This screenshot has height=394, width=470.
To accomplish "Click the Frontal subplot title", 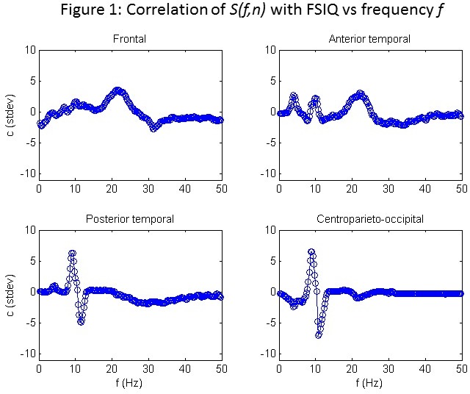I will pyautogui.click(x=129, y=38).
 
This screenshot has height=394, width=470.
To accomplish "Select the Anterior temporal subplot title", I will pyautogui.click(x=369, y=38).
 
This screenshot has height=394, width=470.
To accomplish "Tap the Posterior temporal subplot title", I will pyautogui.click(x=129, y=218).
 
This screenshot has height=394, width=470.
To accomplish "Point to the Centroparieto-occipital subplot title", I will pyautogui.click(x=369, y=218).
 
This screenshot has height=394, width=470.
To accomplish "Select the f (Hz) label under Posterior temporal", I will pyautogui.click(x=129, y=383).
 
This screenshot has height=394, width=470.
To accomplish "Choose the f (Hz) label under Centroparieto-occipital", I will pyautogui.click(x=369, y=383).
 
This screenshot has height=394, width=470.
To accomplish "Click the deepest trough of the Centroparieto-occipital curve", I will pyautogui.click(x=319, y=335).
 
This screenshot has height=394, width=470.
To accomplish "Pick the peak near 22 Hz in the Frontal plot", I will pyautogui.click(x=119, y=90).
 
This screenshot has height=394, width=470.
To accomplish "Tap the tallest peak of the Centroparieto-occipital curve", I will pyautogui.click(x=311, y=251).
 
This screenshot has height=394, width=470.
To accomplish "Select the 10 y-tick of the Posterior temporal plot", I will pyautogui.click(x=29, y=229).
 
